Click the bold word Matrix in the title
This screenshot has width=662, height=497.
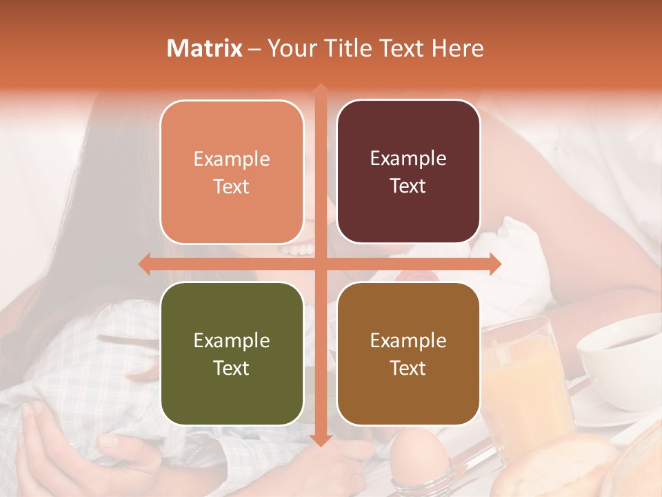click(205, 48)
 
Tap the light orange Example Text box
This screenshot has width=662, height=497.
click(232, 172)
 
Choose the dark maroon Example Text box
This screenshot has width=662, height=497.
click(408, 172)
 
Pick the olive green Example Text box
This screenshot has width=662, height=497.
click(232, 353)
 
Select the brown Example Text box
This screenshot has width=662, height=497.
click(408, 353)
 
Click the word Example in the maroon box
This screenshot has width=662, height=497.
click(408, 159)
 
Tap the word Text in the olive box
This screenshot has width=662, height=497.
click(232, 368)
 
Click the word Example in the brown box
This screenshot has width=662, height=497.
click(408, 340)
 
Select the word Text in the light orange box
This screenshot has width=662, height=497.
click(232, 186)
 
